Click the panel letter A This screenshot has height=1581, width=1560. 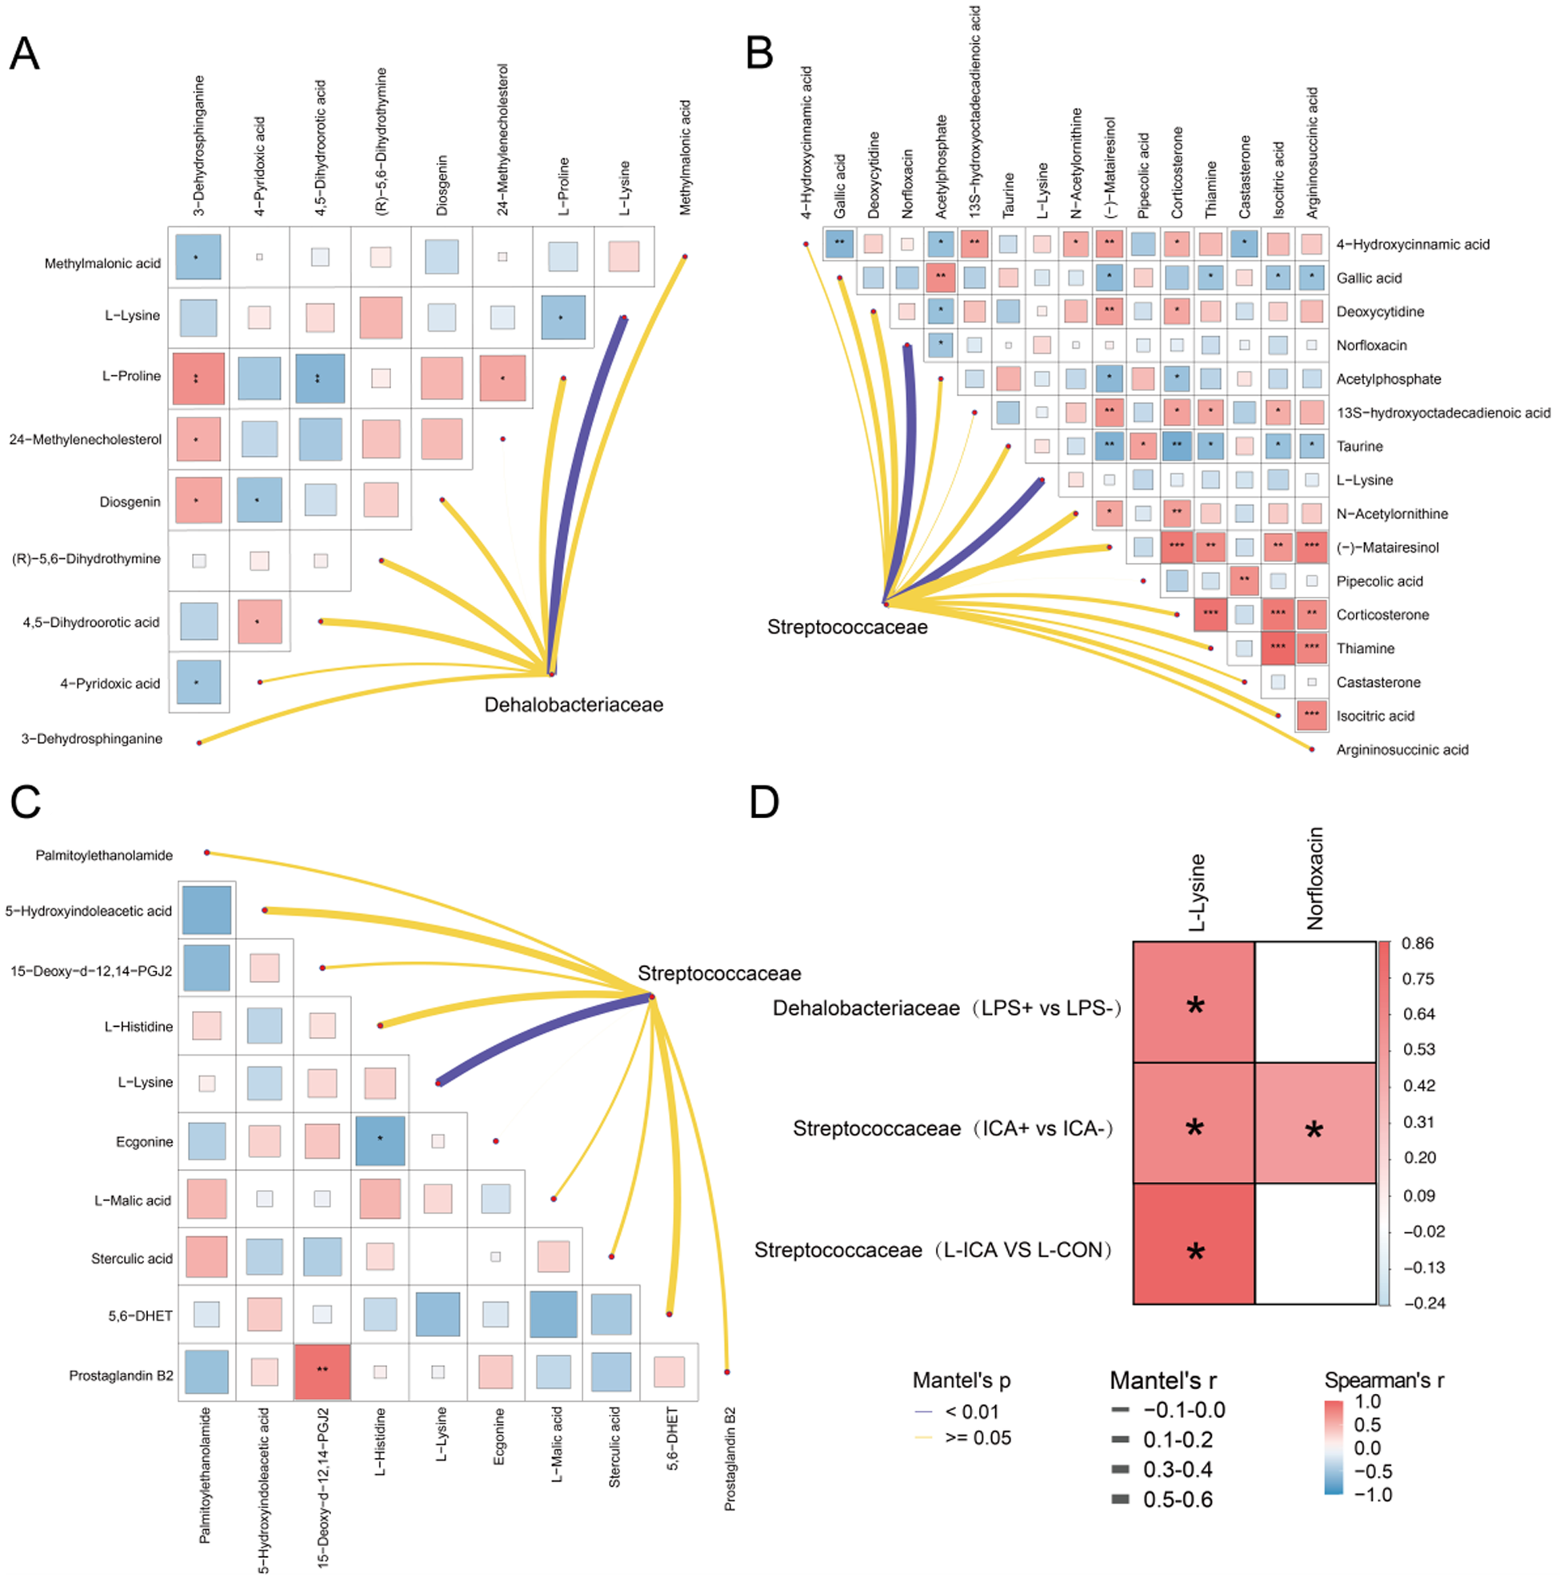coord(24,54)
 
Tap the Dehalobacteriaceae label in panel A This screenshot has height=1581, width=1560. coord(573,705)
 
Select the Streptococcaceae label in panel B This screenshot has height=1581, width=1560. coord(846,627)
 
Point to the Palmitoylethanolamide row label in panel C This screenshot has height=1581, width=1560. coord(104,855)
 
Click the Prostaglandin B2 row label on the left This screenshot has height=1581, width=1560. coord(120,1375)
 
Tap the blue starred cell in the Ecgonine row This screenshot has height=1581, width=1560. coord(380,1140)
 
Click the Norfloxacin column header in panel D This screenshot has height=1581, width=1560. coord(1314,878)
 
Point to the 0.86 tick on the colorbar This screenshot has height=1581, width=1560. coord(1418,943)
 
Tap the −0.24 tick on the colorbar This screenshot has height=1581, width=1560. coord(1424,1303)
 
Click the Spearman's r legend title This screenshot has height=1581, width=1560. coord(1383,1380)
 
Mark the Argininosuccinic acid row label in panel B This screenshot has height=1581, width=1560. coord(1402,749)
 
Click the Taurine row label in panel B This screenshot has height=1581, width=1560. coord(1359,446)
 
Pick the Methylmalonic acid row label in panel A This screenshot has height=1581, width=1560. coord(102,264)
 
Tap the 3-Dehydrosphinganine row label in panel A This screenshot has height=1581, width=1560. coord(92,739)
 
